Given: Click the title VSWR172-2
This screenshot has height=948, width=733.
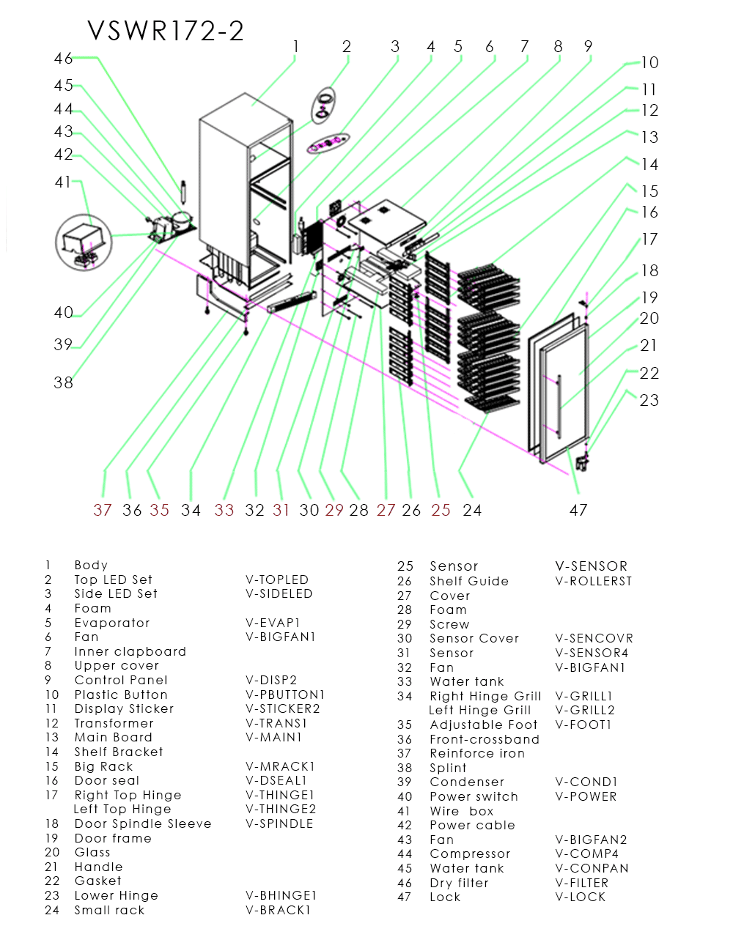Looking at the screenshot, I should pos(166,31).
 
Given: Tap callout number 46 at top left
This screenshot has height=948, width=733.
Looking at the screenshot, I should pos(63,58).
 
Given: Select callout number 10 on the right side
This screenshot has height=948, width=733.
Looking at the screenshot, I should pos(649,63).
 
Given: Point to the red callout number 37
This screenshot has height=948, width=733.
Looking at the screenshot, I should pos(103,510).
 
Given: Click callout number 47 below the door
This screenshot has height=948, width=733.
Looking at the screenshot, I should pos(578,510).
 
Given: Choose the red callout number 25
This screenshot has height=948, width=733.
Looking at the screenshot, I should pos(441,510).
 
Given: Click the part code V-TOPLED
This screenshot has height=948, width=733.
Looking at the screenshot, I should pos(277,579).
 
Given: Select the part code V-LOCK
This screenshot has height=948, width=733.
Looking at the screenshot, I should pos(581,897).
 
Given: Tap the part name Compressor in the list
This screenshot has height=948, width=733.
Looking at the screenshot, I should pos(470,853).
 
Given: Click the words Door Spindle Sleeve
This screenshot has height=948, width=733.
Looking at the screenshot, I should pos(143,823).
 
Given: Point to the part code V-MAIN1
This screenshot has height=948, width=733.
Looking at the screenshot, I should pos(273,737).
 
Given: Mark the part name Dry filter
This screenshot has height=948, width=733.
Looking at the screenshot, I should pos(459,883).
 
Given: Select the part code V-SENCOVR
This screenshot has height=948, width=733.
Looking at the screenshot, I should pos(594,638).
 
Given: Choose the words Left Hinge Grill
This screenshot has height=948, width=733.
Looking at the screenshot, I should pos(479,710).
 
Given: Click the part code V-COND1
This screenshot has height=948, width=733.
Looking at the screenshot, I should pos(586,782).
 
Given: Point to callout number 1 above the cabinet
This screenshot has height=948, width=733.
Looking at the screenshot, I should pos(295,47).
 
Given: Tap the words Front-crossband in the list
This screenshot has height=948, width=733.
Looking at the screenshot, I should pos(484,739).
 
